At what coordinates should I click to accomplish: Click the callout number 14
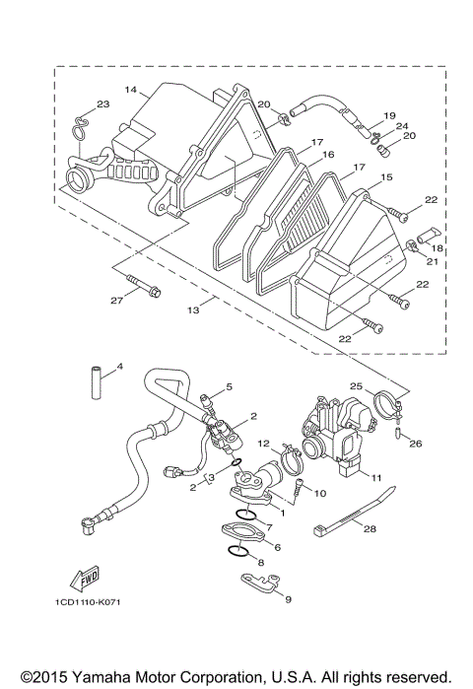[130, 90]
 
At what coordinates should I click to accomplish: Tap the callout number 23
[102, 105]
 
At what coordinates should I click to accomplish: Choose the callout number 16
[328, 155]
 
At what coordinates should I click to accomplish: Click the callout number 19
[390, 115]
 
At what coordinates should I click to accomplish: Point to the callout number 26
[416, 444]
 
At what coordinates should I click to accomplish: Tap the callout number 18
[438, 250]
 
